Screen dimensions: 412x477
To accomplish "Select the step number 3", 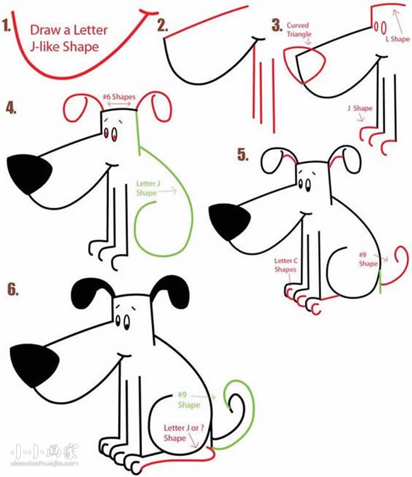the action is pos(277,25).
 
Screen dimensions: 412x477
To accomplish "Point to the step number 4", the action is pos(11,109).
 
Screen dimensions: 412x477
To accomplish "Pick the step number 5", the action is pos(243,155).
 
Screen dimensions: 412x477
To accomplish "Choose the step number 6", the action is pos(13,289).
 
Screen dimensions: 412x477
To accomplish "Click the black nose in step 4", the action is pos(29,173).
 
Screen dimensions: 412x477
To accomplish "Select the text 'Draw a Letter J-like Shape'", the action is pos(69,39).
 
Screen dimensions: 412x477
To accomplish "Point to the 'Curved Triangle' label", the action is pos(298,30).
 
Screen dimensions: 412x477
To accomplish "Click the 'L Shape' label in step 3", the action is pos(397,39).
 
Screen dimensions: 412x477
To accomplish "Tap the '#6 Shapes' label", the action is pos(119,97).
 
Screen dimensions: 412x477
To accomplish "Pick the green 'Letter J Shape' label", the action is pos(148,188).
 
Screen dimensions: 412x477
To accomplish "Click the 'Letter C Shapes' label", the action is pos(286,265).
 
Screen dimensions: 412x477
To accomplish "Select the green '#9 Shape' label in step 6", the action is pos(189,400).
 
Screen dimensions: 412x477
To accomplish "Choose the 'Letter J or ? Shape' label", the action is pos(184,433).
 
